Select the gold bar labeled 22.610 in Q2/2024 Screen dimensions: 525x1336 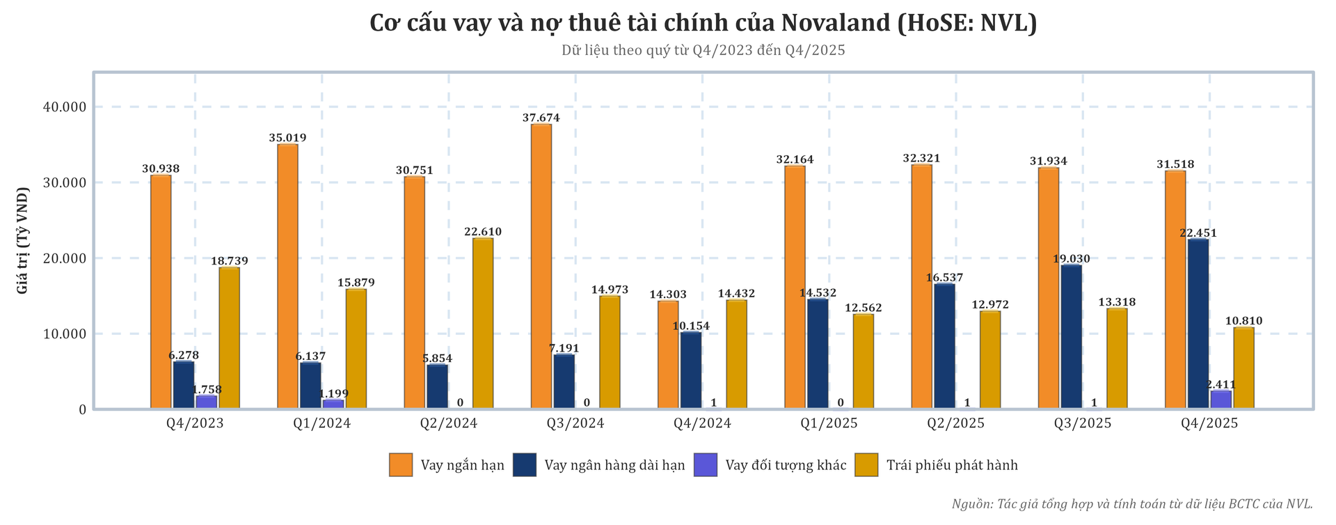point(483,323)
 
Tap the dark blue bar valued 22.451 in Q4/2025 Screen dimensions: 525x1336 point(1198,324)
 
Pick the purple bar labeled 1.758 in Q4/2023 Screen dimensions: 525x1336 point(207,402)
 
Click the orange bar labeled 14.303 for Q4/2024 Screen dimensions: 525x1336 point(668,354)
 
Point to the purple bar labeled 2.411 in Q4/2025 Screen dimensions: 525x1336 point(1221,400)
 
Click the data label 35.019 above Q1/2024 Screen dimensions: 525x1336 point(287,138)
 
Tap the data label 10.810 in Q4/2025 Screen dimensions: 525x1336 point(1243,321)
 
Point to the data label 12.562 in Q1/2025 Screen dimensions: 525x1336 point(863,308)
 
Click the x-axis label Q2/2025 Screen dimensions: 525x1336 point(955,423)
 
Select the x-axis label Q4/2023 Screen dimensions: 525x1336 point(195,423)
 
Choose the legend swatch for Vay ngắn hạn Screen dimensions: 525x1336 point(401,465)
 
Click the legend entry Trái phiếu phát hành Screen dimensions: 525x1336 point(951,465)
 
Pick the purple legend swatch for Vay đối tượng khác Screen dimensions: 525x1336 point(705,465)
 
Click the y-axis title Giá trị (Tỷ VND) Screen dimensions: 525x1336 point(23,240)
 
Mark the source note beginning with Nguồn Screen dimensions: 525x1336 point(1132,504)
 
